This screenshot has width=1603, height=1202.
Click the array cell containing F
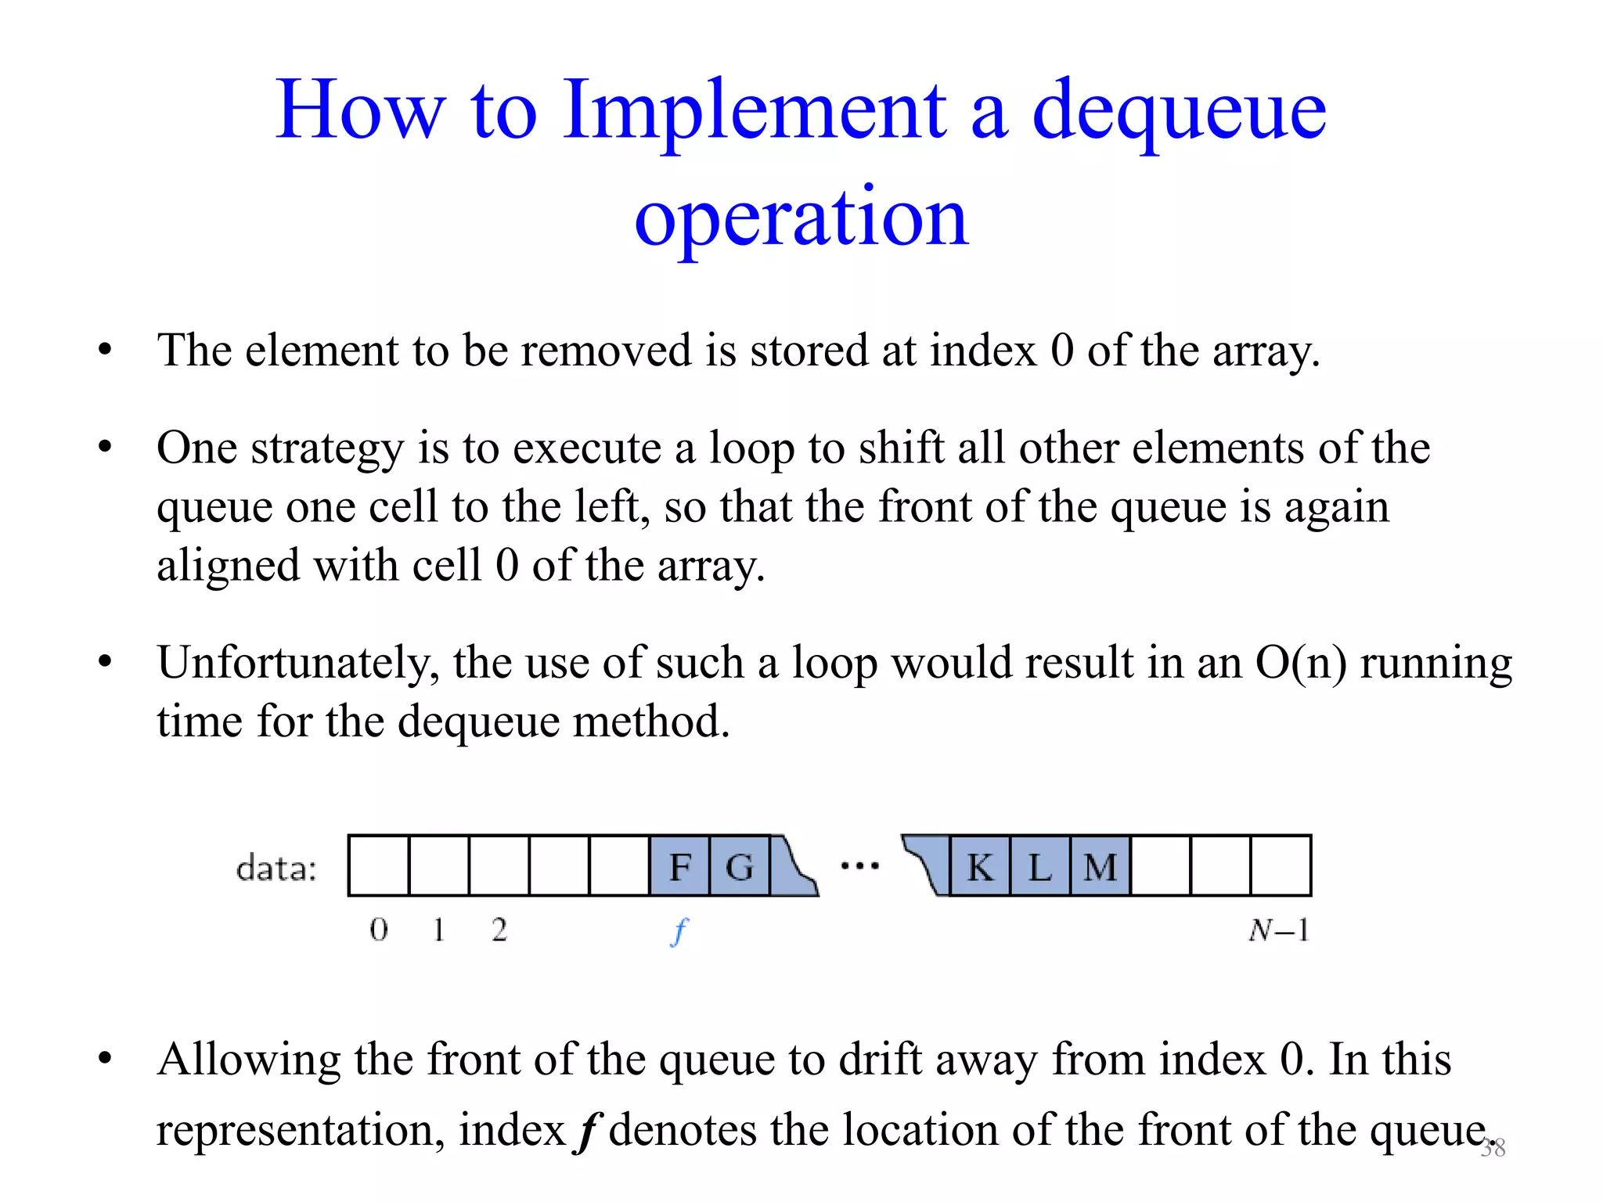pyautogui.click(x=679, y=866)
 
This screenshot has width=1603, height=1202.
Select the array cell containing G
pyautogui.click(x=740, y=866)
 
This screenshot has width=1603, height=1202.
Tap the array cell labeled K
pyautogui.click(x=980, y=866)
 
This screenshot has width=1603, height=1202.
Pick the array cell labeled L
pyautogui.click(x=1040, y=866)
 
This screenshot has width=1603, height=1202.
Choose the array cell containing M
pyautogui.click(x=1100, y=866)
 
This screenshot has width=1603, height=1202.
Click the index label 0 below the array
pyautogui.click(x=379, y=930)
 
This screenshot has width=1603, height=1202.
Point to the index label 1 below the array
pyautogui.click(x=438, y=930)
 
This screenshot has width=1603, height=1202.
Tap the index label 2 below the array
pyautogui.click(x=499, y=930)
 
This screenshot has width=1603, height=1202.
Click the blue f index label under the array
pyautogui.click(x=679, y=931)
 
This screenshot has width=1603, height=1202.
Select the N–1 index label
pyautogui.click(x=1279, y=930)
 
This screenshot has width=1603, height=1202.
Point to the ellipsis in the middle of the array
pyautogui.click(x=859, y=866)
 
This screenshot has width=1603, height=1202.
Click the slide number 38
pyautogui.click(x=1493, y=1148)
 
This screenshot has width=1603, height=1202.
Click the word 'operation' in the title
pyautogui.click(x=801, y=217)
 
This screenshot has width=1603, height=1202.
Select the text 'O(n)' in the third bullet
pyautogui.click(x=1301, y=662)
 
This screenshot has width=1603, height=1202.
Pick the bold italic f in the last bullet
pyautogui.click(x=587, y=1130)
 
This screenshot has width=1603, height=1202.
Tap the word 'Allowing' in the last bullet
pyautogui.click(x=249, y=1060)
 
